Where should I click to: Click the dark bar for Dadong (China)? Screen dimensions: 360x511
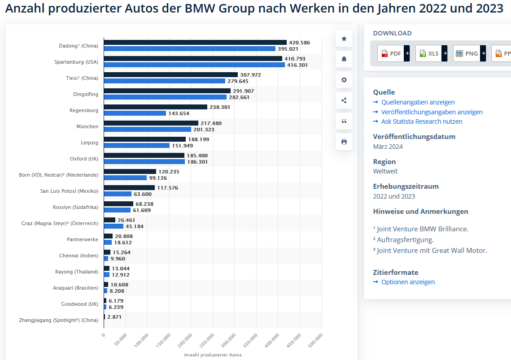(195, 43)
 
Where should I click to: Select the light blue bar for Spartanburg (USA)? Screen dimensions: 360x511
(194, 65)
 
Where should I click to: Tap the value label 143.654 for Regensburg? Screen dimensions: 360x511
(179, 113)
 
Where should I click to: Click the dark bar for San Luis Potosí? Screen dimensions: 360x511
(129, 188)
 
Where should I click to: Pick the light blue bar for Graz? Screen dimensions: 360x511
(114, 226)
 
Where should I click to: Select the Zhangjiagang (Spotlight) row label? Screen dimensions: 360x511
(58, 320)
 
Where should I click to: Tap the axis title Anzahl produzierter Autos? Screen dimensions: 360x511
(213, 355)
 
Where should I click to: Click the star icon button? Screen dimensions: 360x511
(344, 39)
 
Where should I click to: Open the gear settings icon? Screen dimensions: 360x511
(344, 80)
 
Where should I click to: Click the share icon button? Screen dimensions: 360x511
(344, 100)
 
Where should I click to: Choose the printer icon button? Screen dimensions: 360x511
(344, 142)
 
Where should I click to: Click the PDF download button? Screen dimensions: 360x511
(391, 53)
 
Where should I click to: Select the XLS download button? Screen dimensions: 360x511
(429, 53)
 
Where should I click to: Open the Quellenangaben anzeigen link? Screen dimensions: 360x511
(418, 102)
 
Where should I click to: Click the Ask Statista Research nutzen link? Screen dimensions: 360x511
(421, 121)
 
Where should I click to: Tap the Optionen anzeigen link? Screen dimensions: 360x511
(408, 282)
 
